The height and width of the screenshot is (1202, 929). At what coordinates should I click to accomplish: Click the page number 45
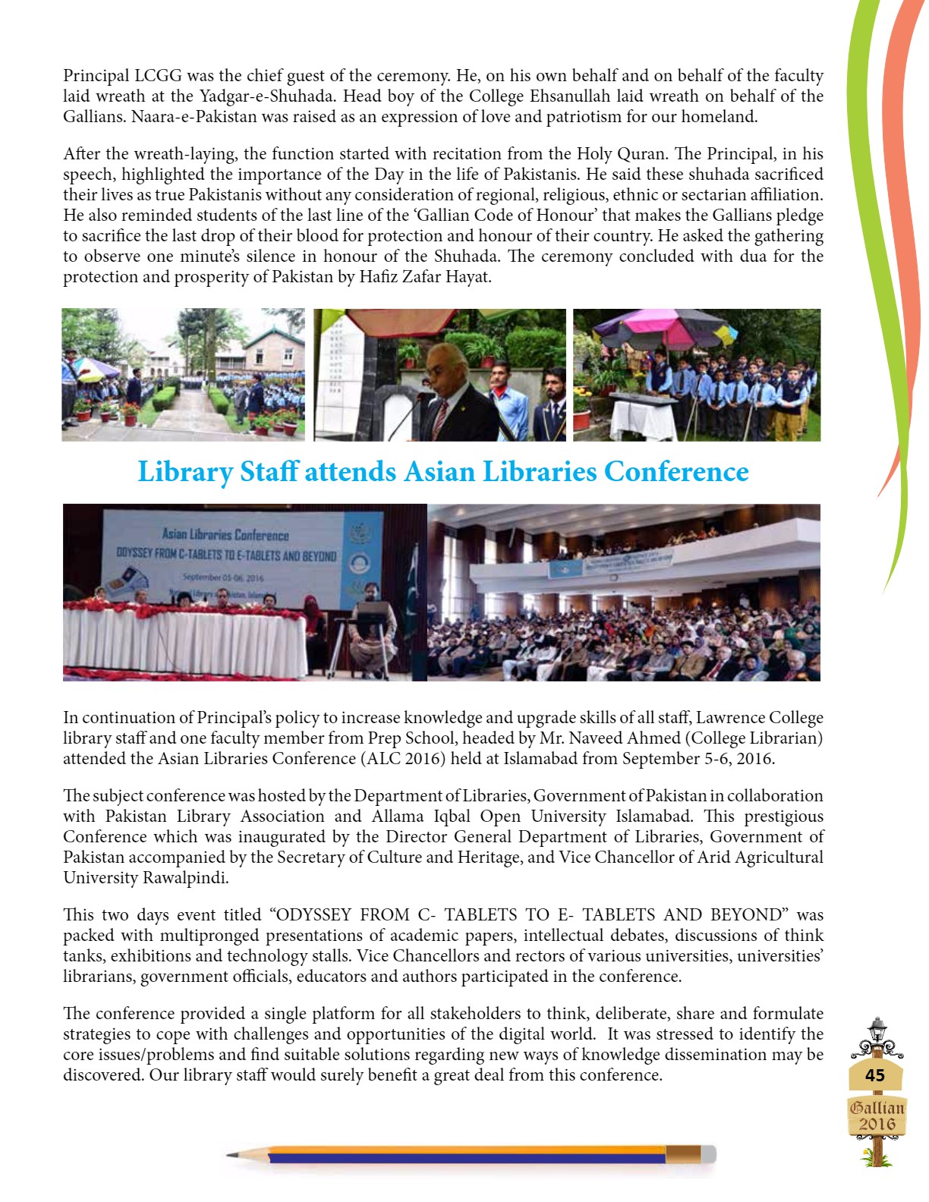pyautogui.click(x=875, y=1075)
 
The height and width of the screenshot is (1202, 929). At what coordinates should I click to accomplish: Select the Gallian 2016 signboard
pyautogui.click(x=877, y=1116)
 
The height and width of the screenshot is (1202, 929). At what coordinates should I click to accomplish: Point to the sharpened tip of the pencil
pyautogui.click(x=230, y=1155)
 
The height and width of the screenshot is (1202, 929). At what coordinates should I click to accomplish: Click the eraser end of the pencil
pyautogui.click(x=707, y=1154)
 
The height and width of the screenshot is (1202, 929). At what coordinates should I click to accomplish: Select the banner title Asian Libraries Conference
pyautogui.click(x=225, y=535)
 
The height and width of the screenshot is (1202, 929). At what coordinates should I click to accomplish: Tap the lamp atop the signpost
pyautogui.click(x=877, y=1030)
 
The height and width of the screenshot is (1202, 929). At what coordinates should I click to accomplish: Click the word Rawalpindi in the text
pyautogui.click(x=184, y=878)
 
